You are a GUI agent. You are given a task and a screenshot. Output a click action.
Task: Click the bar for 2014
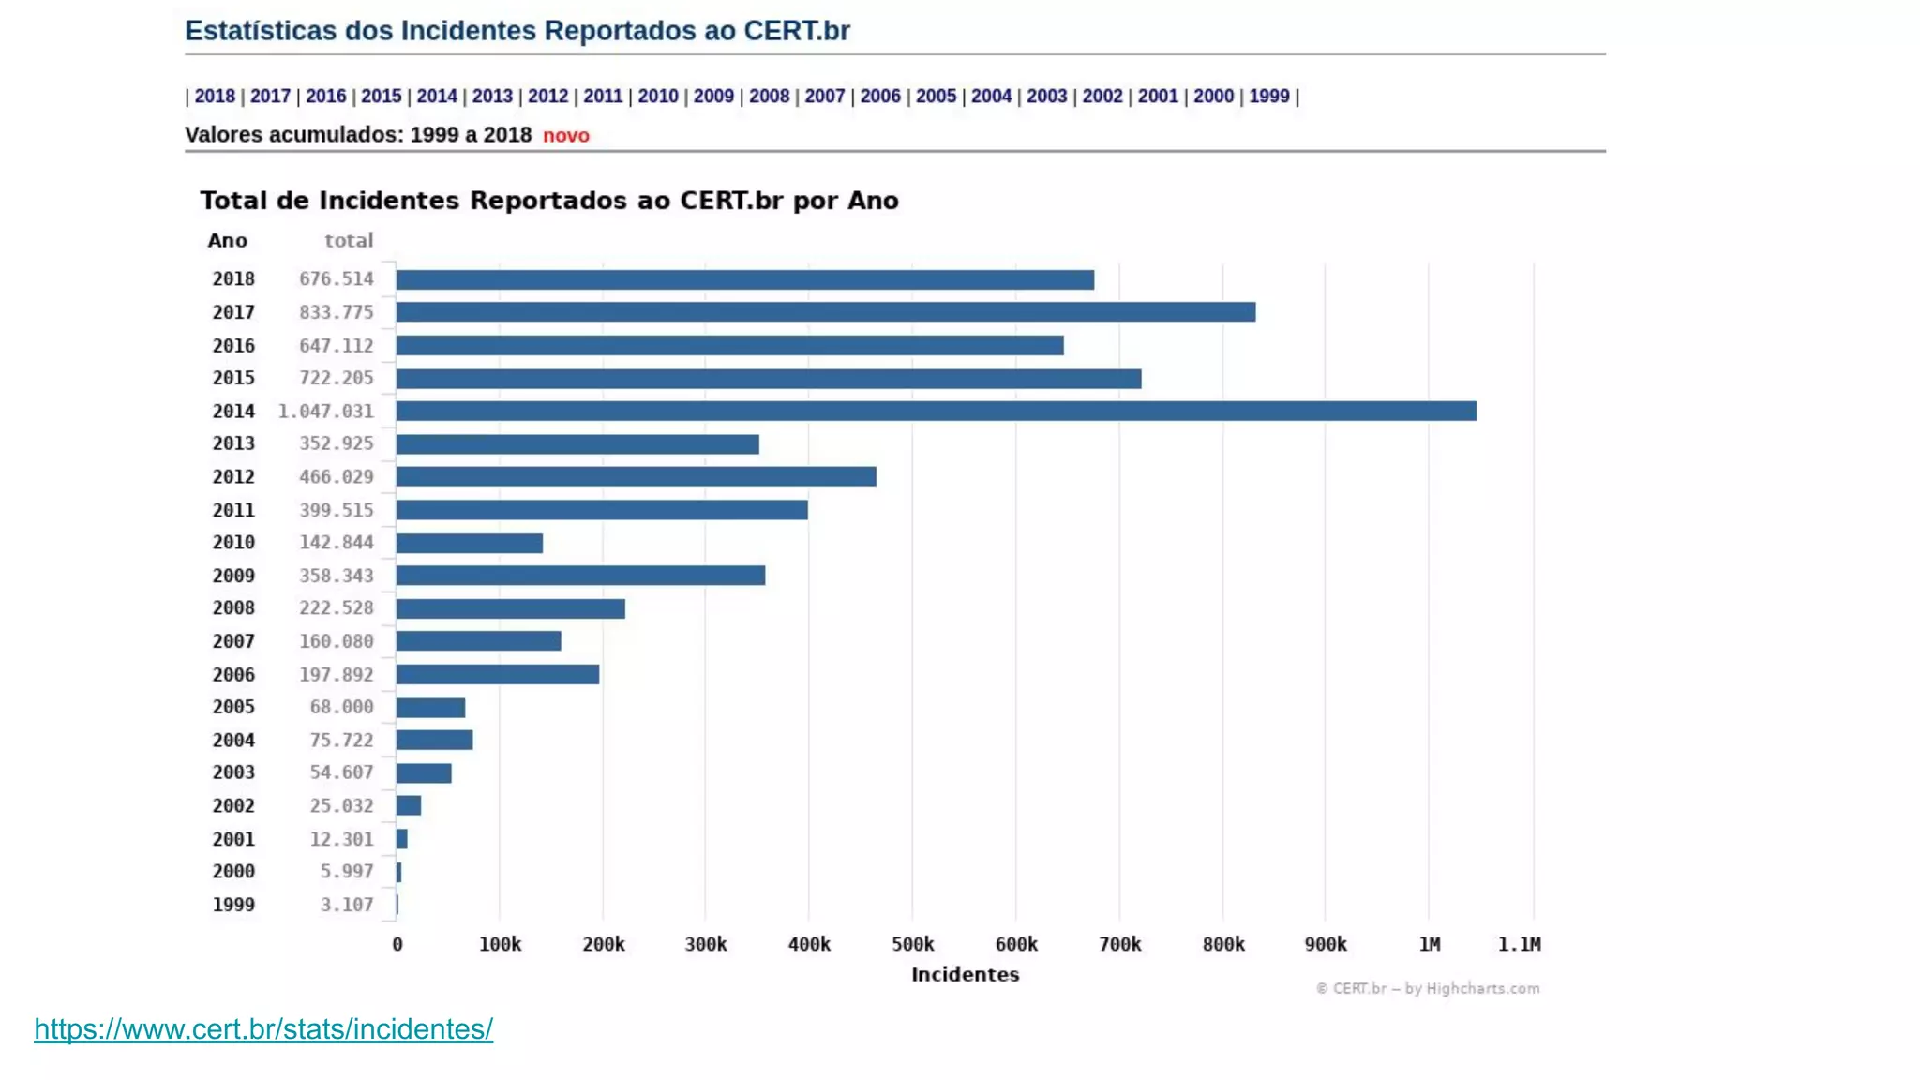pos(936,411)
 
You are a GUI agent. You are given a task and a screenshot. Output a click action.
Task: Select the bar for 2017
pos(825,312)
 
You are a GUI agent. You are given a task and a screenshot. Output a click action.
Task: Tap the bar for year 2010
pos(469,543)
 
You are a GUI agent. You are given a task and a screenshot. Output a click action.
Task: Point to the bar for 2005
pos(430,708)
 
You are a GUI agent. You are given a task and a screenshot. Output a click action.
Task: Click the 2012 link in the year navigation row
pos(547,96)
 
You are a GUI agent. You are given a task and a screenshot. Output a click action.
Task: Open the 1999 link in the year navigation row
pos(1268,96)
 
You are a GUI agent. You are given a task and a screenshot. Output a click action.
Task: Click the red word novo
pos(566,136)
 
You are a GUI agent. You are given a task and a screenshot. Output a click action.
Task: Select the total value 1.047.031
pos(325,412)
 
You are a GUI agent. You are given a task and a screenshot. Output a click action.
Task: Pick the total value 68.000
pos(341,707)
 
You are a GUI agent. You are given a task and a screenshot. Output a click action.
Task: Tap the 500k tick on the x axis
pos(912,944)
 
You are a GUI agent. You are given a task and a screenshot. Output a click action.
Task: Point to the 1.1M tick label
pos(1519,944)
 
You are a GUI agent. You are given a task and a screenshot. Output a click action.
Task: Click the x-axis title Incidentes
pos(965,975)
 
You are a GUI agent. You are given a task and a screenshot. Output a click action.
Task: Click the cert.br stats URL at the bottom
pos(263,1029)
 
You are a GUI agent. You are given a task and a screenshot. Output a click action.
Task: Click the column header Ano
pos(228,241)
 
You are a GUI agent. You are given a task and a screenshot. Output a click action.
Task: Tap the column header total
pos(349,241)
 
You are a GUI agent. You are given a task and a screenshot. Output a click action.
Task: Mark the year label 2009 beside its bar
pos(233,576)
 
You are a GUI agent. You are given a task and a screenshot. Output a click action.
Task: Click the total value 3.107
pos(347,905)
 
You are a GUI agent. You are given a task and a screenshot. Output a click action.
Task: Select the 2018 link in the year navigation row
pos(215,96)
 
